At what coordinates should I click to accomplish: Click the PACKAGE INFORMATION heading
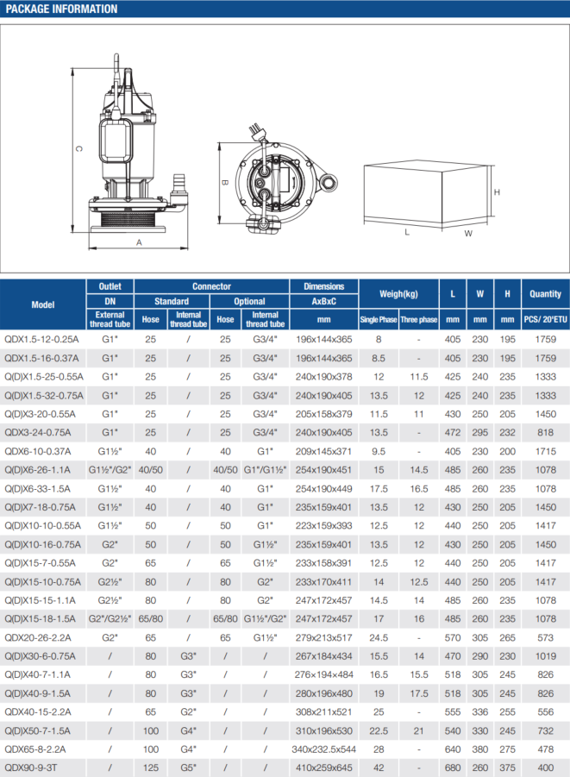click(x=62, y=9)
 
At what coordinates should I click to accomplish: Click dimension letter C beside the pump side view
click(x=78, y=148)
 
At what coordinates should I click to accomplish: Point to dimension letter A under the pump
click(x=139, y=243)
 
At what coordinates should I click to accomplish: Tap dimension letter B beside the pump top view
click(x=223, y=183)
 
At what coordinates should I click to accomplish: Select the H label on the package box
click(x=497, y=191)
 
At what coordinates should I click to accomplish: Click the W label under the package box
click(x=467, y=233)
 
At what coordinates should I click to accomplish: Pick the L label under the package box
click(x=406, y=232)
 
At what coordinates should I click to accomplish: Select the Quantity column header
click(x=545, y=294)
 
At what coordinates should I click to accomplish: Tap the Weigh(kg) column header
click(x=398, y=294)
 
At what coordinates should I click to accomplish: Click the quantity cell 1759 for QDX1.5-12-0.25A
click(x=545, y=339)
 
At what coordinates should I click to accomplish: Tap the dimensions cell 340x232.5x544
click(x=324, y=749)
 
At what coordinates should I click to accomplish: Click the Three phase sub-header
click(x=419, y=320)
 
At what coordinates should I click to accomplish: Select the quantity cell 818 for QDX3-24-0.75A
click(x=545, y=432)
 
